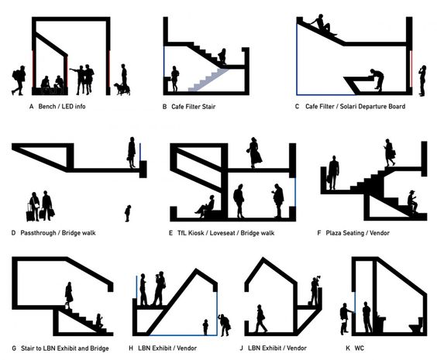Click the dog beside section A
tap(120, 88)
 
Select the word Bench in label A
tap(47, 106)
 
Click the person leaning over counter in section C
tap(376, 79)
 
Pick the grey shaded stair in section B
tap(208, 80)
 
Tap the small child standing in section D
tap(128, 213)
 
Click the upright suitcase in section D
tap(29, 213)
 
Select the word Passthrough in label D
tap(38, 233)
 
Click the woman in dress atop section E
tap(254, 153)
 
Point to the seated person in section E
tap(205, 205)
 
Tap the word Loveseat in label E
tap(222, 233)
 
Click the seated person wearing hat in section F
tap(411, 201)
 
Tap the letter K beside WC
tap(348, 348)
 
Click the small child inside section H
tap(205, 327)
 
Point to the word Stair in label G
tap(28, 348)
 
